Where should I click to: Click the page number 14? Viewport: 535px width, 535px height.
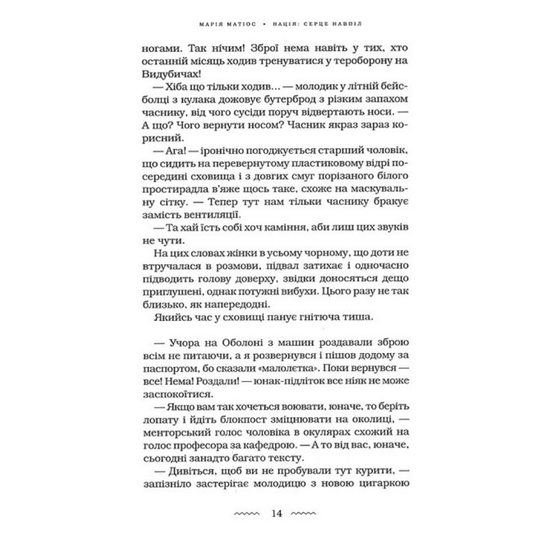coord(277,514)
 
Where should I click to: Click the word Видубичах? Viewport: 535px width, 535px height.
coord(152,74)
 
